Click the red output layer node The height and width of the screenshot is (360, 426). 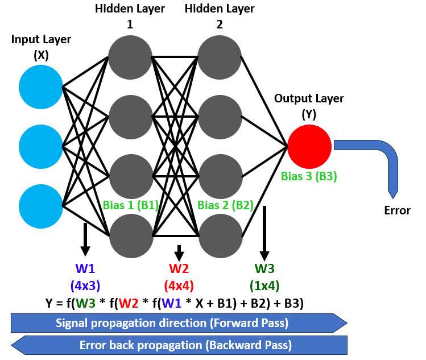309,146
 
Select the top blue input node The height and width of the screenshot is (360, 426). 40,87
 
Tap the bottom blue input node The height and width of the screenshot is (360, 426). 40,205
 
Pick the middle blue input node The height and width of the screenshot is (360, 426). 40,146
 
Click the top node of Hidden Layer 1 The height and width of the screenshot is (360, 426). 130,57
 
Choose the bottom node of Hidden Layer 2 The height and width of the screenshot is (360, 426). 220,235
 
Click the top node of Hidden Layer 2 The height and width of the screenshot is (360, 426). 220,57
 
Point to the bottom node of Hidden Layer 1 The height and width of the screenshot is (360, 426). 130,235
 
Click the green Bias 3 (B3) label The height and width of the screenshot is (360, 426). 309,176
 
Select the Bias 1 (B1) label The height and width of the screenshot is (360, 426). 130,205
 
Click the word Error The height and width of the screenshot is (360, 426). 397,210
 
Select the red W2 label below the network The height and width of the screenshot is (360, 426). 179,268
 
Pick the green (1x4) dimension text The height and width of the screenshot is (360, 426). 264,285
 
